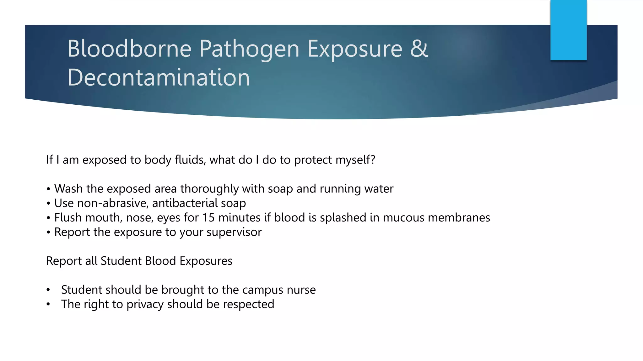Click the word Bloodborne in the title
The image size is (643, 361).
pyautogui.click(x=129, y=49)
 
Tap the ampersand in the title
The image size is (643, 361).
pyautogui.click(x=419, y=49)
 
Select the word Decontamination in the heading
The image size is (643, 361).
pyautogui.click(x=159, y=78)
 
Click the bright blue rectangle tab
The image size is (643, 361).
pyautogui.click(x=568, y=30)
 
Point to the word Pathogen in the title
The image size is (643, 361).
pyautogui.click(x=249, y=50)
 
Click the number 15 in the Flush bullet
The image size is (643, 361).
pyautogui.click(x=208, y=217)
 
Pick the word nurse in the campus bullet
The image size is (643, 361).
pyautogui.click(x=301, y=290)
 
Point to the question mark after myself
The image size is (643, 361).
pyautogui.click(x=373, y=160)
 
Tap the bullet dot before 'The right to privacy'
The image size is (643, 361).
pyautogui.click(x=48, y=304)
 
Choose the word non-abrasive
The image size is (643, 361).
pyautogui.click(x=112, y=203)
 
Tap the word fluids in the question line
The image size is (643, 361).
pyautogui.click(x=190, y=160)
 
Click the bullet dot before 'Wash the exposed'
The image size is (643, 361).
pyautogui.click(x=48, y=189)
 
